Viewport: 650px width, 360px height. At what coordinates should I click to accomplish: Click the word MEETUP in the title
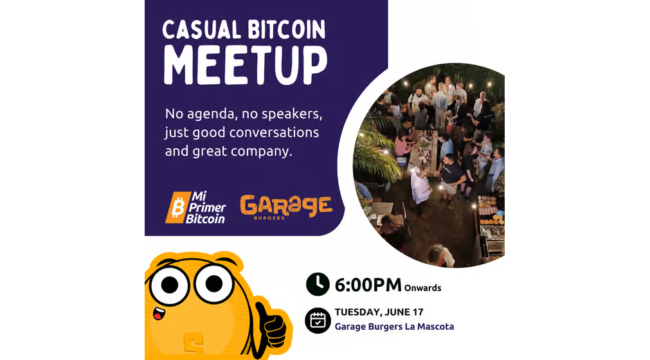[245, 64]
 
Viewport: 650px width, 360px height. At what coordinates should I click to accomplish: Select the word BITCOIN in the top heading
[285, 30]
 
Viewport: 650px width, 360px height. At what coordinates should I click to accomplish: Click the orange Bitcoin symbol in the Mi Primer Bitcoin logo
[176, 208]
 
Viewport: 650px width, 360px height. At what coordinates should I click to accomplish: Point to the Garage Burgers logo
[286, 206]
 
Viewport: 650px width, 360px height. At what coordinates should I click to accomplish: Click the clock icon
[318, 283]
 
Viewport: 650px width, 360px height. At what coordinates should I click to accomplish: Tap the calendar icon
[318, 320]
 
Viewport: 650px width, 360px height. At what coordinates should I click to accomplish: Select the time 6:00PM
[368, 284]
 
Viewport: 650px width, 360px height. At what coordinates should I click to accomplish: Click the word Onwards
[423, 288]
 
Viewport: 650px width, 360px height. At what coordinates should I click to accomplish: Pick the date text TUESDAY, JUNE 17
[379, 312]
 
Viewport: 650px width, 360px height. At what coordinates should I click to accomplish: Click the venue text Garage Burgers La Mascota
[394, 327]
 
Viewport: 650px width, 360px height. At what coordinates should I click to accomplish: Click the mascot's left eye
[170, 283]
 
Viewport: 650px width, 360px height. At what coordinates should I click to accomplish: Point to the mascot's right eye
[214, 282]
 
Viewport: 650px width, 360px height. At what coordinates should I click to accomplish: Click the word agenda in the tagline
[210, 114]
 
